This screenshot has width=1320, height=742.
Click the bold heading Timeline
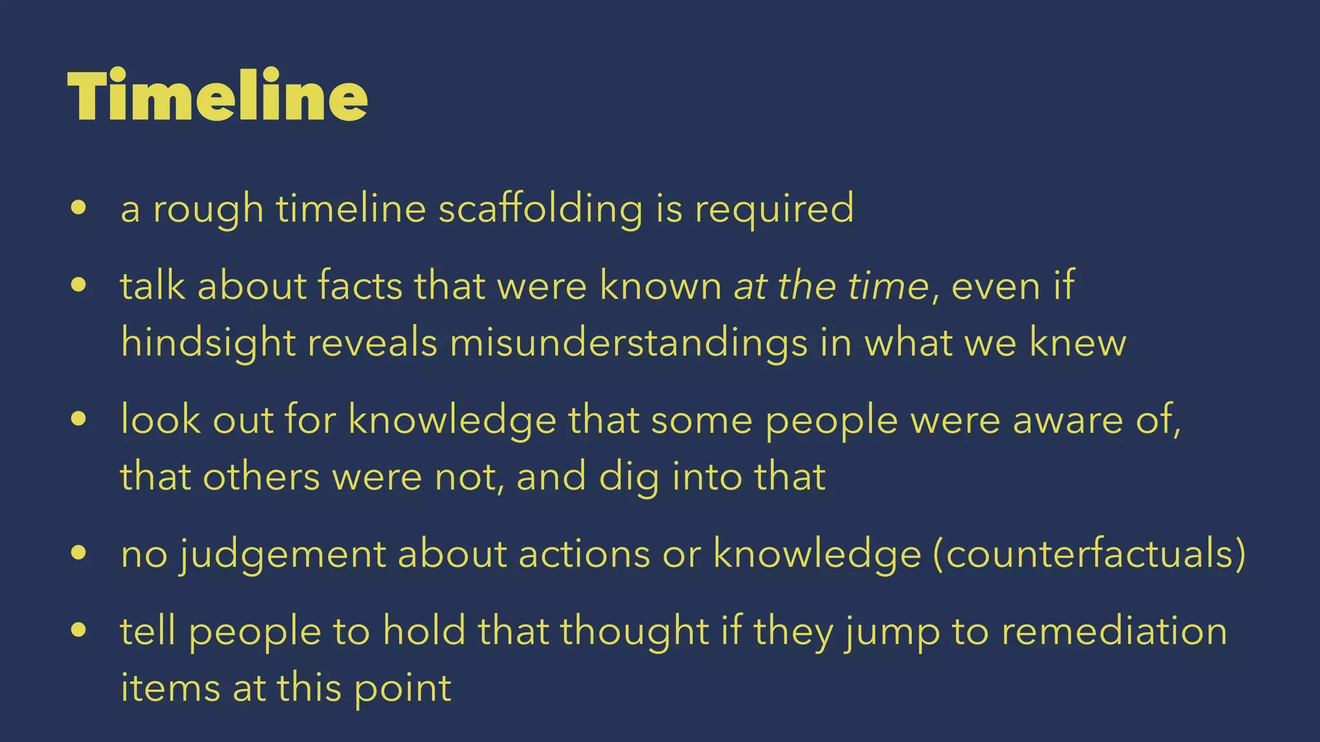(217, 96)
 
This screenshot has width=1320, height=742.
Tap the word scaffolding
(540, 209)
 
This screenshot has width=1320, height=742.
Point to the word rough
(208, 209)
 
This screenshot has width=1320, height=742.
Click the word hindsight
(208, 342)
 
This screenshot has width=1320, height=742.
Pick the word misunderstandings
(628, 342)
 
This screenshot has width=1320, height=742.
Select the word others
(261, 477)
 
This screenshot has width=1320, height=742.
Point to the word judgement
(282, 554)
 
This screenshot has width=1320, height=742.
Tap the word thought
(634, 631)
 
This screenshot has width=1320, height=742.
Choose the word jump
(892, 632)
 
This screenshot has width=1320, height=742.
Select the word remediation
(1114, 631)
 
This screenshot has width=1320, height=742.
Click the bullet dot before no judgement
(79, 553)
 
